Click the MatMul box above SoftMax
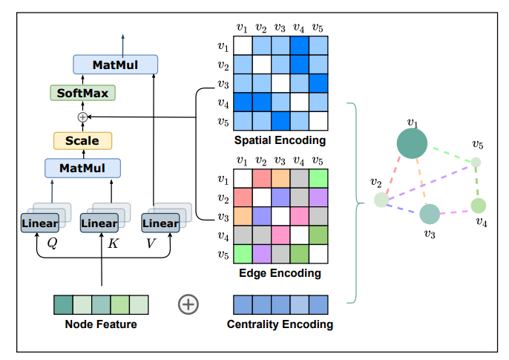[116, 65]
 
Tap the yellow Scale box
[82, 140]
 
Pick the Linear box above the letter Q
[39, 223]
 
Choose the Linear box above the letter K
[99, 223]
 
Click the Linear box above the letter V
[160, 223]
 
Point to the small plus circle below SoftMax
[82, 117]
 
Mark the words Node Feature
[101, 324]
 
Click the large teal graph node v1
[412, 143]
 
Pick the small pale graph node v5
[476, 162]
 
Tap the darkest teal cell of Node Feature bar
[63, 304]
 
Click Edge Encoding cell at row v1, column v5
[318, 179]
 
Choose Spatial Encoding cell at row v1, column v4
[299, 46]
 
